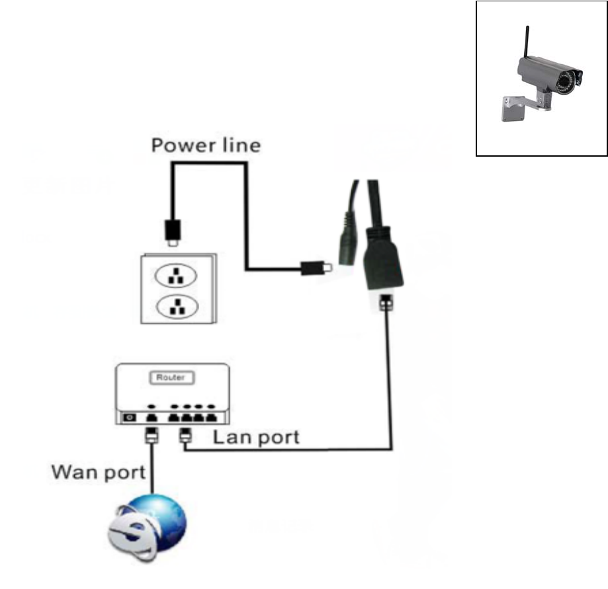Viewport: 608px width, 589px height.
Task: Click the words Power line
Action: click(x=206, y=145)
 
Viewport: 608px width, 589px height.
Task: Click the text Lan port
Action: click(x=255, y=437)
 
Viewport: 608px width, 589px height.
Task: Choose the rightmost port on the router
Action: click(x=211, y=418)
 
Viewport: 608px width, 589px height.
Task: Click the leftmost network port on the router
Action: click(x=150, y=418)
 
